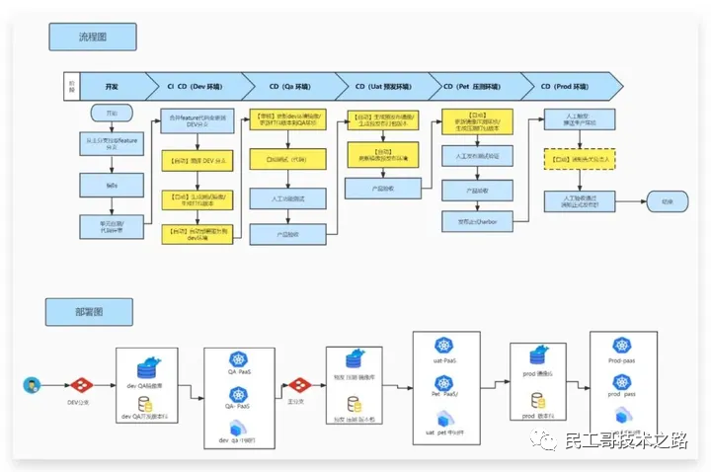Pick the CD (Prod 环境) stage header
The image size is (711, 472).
(572, 86)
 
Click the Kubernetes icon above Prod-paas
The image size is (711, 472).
(621, 346)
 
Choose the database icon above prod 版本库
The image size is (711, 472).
(539, 401)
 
